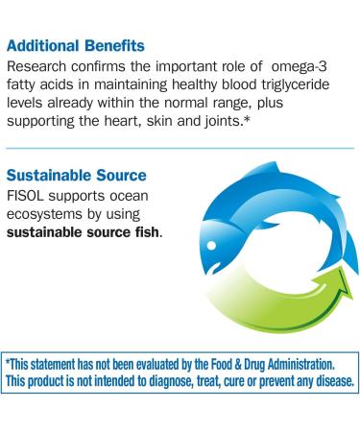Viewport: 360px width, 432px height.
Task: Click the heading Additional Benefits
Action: tap(76, 45)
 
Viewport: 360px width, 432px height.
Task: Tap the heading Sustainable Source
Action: tap(75, 178)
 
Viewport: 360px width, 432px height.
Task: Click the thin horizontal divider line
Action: tap(180, 149)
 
